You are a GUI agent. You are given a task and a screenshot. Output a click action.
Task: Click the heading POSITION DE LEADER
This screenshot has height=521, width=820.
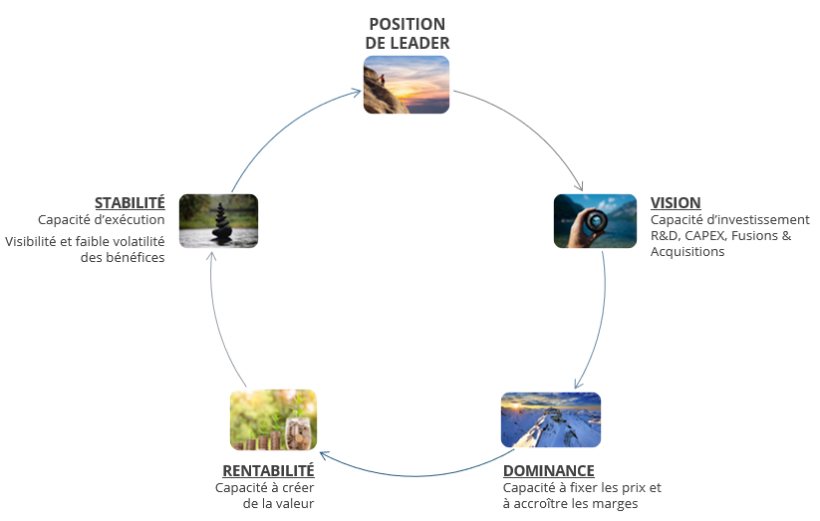(407, 33)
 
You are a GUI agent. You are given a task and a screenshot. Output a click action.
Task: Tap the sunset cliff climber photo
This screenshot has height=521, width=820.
(406, 85)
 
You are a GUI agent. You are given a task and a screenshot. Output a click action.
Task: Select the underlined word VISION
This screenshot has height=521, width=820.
(676, 202)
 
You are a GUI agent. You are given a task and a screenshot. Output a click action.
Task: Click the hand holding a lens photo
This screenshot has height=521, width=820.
(595, 220)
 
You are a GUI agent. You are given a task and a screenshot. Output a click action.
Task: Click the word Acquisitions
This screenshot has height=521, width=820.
(687, 252)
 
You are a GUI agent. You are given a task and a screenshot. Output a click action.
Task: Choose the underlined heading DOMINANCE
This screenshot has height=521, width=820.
(548, 470)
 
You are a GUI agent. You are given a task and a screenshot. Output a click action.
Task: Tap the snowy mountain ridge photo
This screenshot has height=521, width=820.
(550, 419)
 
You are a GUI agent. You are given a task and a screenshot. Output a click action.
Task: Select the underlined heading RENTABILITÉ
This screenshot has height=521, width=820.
(268, 470)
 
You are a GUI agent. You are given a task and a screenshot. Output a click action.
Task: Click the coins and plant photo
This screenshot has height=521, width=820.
(273, 419)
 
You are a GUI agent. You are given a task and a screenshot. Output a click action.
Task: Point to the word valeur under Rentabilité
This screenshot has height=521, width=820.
(295, 504)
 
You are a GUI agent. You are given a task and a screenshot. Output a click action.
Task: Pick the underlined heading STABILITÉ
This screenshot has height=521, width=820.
(130, 202)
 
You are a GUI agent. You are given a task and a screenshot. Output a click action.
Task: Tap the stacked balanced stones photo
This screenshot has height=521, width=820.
(218, 220)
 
